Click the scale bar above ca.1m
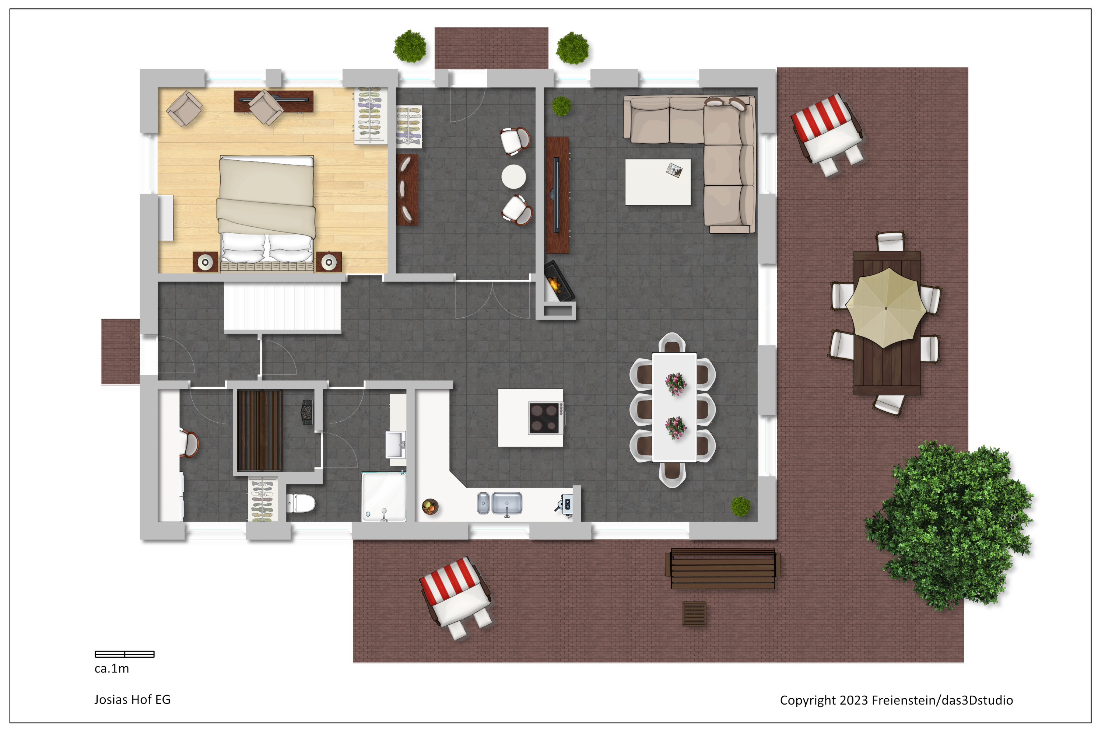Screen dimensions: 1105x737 [x=124, y=654]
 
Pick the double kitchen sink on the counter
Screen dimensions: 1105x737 [x=499, y=503]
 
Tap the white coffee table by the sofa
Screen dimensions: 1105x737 [x=658, y=182]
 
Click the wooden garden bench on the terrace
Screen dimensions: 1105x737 [x=723, y=568]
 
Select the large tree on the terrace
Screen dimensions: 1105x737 [x=949, y=525]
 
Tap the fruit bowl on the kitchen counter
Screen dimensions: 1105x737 [x=429, y=507]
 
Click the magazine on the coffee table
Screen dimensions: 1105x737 [x=675, y=170]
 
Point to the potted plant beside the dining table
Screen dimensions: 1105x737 [x=740, y=507]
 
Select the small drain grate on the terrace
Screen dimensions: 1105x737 [x=694, y=614]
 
